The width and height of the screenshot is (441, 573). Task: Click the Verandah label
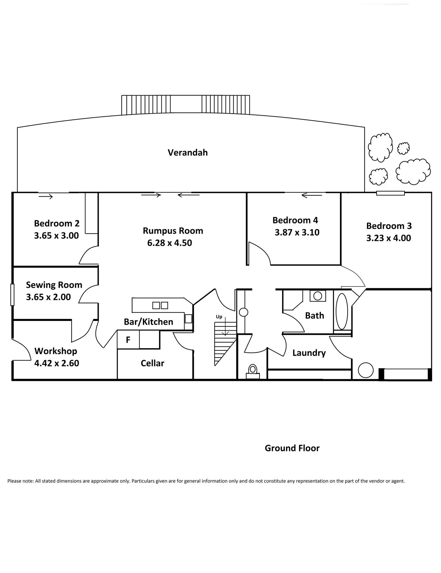(188, 153)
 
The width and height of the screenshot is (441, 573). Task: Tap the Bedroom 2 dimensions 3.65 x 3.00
(56, 236)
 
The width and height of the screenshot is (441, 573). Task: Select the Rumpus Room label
(173, 231)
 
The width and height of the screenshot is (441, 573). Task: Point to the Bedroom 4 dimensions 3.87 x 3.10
(297, 233)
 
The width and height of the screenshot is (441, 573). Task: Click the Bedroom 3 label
(389, 226)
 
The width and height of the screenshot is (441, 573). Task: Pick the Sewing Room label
(54, 285)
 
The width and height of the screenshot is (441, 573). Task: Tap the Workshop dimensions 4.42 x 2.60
(57, 363)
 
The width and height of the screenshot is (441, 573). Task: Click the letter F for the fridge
(128, 340)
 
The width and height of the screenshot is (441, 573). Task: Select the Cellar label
(152, 363)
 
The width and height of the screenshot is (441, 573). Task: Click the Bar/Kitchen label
(149, 322)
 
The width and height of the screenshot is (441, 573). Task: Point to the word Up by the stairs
(219, 317)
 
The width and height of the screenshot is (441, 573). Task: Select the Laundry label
(309, 353)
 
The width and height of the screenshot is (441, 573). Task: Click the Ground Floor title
(292, 448)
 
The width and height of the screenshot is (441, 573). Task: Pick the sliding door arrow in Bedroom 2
(46, 197)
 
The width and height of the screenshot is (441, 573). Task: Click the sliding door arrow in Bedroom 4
(312, 196)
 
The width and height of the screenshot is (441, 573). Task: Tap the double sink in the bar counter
(160, 305)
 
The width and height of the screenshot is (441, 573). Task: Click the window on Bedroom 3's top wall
(390, 193)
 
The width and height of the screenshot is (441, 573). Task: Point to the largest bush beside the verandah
(413, 171)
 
